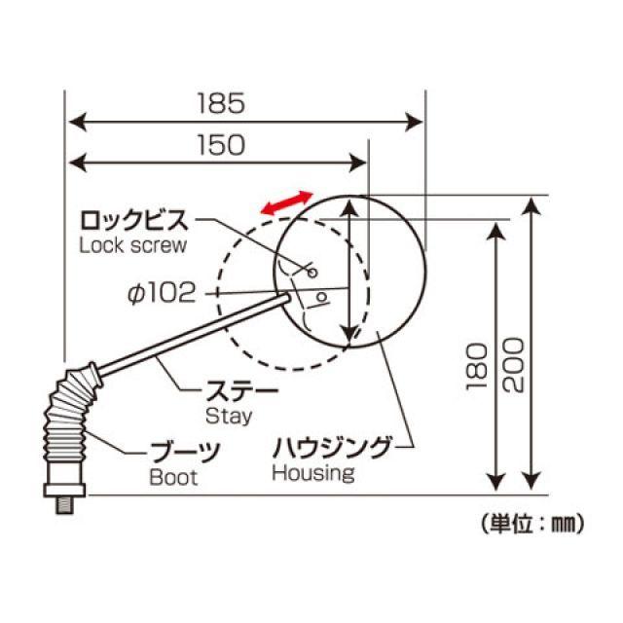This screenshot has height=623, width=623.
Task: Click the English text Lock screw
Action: click(131, 244)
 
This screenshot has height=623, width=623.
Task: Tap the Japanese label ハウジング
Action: click(330, 448)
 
